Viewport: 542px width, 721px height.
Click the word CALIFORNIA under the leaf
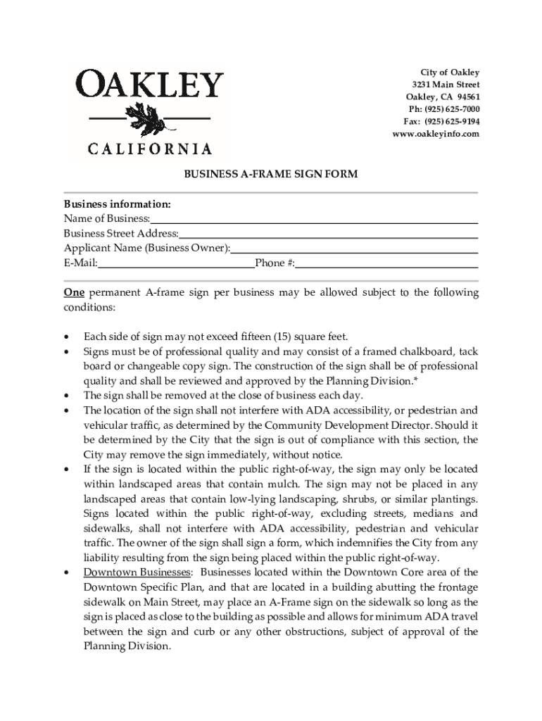tap(149, 149)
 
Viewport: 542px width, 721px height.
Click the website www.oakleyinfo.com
tap(436, 134)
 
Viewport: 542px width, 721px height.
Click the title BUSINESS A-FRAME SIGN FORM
tap(271, 174)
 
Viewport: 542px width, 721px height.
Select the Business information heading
tap(117, 204)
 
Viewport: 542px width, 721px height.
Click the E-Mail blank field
tap(176, 267)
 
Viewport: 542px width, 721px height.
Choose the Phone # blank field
tap(386, 267)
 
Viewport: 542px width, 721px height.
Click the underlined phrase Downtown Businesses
tap(137, 572)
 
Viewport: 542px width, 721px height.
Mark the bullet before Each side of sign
tap(67, 337)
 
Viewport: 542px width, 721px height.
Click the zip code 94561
tap(465, 97)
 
